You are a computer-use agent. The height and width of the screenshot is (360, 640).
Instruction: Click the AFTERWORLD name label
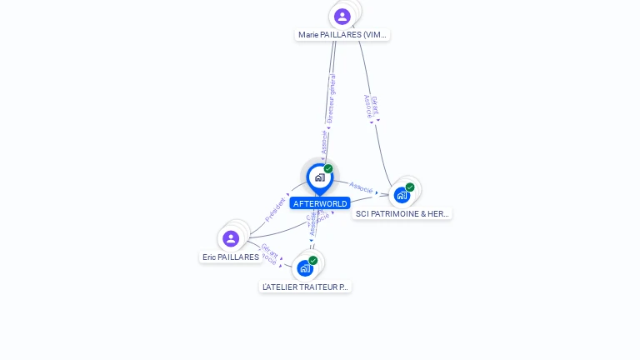(320, 203)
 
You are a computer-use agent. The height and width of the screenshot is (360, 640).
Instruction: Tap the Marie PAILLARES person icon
(342, 16)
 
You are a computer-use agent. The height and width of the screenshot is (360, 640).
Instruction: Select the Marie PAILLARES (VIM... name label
(342, 35)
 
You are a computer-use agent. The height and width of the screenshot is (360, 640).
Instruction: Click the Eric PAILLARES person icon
(231, 238)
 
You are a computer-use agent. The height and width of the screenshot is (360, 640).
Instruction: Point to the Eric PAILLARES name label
(231, 257)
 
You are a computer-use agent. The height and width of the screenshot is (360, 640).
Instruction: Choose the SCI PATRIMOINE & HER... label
(402, 214)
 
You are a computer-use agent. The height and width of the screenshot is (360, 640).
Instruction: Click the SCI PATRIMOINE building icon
(402, 196)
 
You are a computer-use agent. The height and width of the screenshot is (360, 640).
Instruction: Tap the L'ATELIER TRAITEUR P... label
(305, 287)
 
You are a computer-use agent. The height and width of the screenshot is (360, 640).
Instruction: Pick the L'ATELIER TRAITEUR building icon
(305, 268)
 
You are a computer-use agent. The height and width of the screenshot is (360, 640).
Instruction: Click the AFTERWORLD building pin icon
(319, 177)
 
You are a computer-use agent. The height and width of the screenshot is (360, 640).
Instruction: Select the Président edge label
(276, 208)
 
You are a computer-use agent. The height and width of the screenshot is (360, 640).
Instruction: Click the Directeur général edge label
(332, 100)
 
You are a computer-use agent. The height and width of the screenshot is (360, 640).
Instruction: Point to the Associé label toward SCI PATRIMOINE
(361, 187)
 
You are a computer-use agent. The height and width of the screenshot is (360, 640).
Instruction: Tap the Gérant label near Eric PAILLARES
(268, 249)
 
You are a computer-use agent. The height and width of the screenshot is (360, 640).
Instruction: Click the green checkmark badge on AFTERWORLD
(328, 168)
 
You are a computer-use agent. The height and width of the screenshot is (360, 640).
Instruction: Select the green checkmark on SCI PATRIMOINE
(410, 187)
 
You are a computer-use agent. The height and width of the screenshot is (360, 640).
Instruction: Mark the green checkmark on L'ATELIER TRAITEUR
(313, 260)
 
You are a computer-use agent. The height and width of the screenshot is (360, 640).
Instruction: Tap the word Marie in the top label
(309, 35)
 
